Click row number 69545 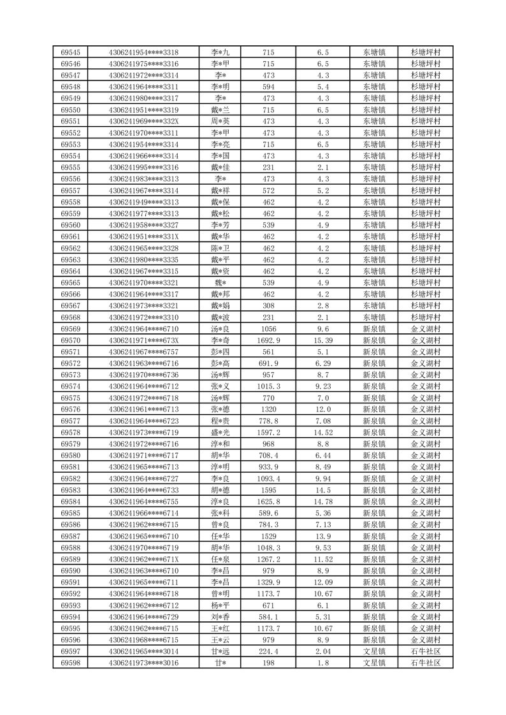coord(70,52)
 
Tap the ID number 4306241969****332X coord(143,122)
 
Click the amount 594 coord(268,87)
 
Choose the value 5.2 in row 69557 coord(322,191)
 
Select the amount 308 coord(268,306)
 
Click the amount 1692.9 coord(268,340)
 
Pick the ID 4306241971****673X coord(143,340)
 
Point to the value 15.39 coord(322,340)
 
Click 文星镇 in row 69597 coord(374,651)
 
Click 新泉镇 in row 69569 coord(374,329)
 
